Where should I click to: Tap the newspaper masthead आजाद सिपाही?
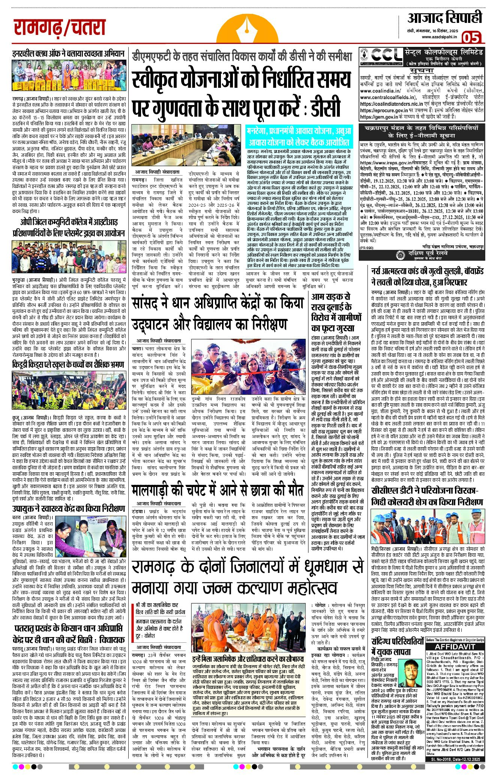[444, 17]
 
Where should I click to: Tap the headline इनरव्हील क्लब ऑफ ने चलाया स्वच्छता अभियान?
[68, 54]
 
